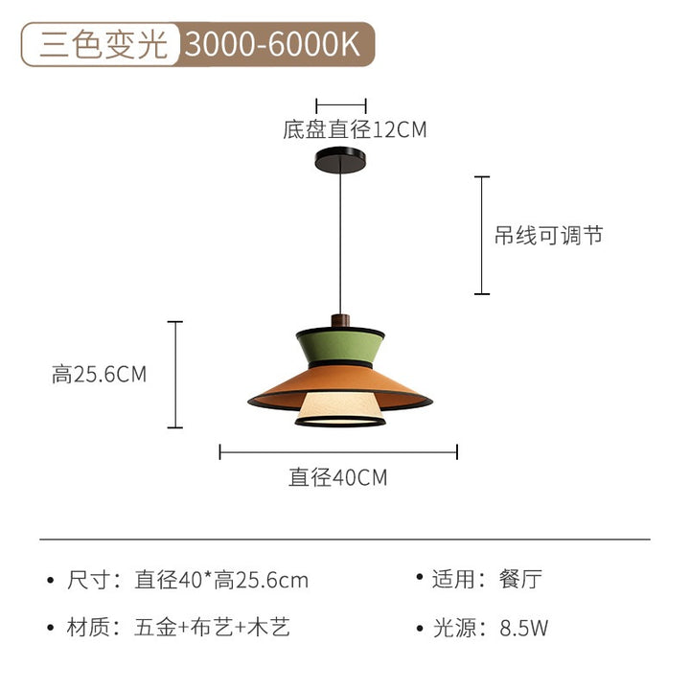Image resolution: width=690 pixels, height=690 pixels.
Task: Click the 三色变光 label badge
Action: (102, 45)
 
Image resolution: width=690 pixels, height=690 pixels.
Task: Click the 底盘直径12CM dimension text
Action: (355, 129)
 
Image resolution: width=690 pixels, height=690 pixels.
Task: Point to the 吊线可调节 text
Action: (548, 235)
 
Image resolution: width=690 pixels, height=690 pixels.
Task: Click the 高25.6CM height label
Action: (100, 374)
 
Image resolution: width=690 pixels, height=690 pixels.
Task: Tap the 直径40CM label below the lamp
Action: (338, 476)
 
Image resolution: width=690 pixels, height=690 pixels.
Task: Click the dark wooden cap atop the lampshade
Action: (339, 319)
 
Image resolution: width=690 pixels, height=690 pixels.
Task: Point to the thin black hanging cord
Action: (339, 240)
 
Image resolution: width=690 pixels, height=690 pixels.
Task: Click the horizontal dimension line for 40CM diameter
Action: (338, 451)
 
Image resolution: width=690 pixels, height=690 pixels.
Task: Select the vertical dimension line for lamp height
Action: (175, 374)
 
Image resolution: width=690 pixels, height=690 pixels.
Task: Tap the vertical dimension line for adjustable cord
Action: (482, 235)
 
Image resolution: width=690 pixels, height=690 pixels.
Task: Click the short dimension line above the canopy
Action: (341, 104)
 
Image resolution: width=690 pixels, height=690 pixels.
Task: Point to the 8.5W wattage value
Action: (523, 629)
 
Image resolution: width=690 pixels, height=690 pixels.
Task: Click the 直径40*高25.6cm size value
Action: (221, 580)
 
